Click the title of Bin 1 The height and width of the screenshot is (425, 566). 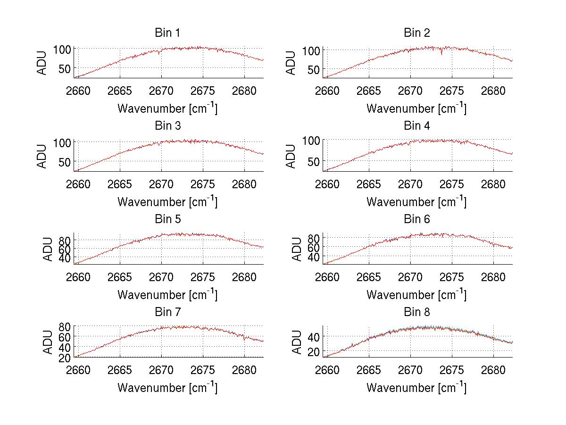tap(167, 33)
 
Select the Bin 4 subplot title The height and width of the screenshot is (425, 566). tap(416, 126)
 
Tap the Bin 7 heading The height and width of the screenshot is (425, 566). tap(167, 312)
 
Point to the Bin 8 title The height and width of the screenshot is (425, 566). tap(416, 312)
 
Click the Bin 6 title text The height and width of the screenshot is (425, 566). tap(416, 219)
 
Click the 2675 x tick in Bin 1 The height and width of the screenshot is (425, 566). tap(203, 91)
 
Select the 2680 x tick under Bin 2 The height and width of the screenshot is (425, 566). tap(494, 91)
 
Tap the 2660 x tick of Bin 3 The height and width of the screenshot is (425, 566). tap(78, 183)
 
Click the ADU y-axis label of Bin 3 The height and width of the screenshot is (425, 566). tap(42, 156)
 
